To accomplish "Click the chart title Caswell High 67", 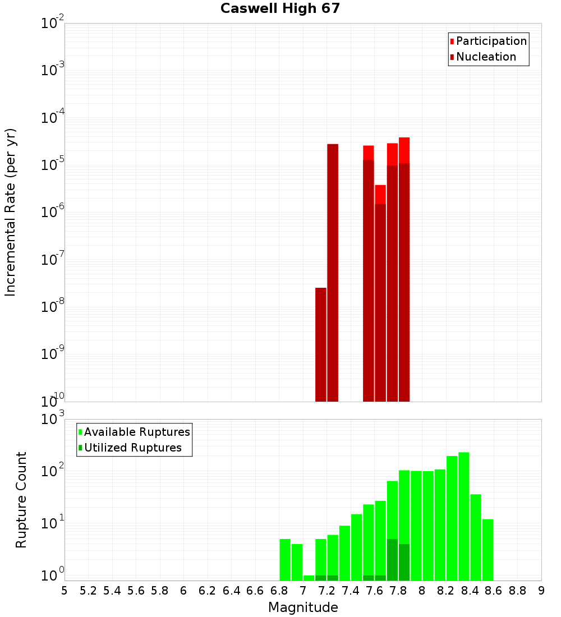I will (280, 8).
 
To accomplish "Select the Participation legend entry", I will (491, 41).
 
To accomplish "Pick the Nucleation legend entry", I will (486, 57).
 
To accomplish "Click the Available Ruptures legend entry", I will (137, 432).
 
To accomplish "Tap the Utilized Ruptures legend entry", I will (132, 448).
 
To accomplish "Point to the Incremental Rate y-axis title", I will (10, 212).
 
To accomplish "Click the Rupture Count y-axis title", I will (21, 500).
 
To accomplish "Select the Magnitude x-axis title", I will (303, 607).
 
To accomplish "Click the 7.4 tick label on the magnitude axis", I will (351, 590).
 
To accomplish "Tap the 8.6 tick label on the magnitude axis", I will (494, 590).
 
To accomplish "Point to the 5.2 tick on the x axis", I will (88, 590).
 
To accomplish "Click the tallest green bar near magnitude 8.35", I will (464, 516).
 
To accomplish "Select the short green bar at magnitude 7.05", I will (309, 578).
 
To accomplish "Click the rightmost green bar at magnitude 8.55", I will (488, 550).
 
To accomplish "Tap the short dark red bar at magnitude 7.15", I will (321, 344).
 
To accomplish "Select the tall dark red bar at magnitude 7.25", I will (333, 273).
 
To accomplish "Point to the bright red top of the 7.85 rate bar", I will (404, 150).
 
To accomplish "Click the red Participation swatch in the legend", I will (452, 42).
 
